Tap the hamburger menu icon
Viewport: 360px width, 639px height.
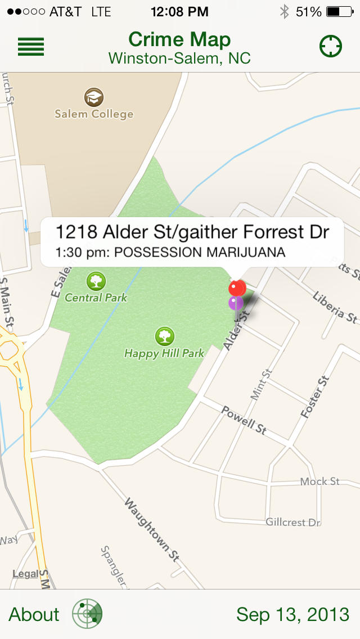coord(31,47)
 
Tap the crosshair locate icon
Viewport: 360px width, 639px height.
coord(331,47)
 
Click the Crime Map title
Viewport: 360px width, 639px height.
coord(179,39)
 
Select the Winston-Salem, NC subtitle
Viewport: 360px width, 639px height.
coord(179,58)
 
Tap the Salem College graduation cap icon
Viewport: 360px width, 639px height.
coord(94,97)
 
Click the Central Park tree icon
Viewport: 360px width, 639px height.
coord(96,281)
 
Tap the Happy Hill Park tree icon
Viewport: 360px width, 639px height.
coord(164,336)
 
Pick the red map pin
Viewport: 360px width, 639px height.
coord(237,288)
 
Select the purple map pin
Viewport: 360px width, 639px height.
coord(236,303)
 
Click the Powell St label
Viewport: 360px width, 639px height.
coord(244,420)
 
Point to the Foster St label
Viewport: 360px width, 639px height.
coord(314,397)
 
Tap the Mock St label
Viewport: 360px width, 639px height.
coord(319,481)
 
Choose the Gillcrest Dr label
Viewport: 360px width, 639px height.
coord(293,523)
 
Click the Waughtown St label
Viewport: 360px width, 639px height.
coord(151,529)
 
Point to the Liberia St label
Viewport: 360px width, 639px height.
coord(335,307)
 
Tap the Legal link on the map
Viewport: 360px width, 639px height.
coord(25,574)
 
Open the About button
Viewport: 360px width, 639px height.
coord(34,614)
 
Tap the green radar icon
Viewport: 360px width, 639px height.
coord(87,614)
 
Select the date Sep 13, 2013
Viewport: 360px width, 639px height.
coord(292,614)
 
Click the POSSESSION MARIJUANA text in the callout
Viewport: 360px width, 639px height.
coord(200,252)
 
